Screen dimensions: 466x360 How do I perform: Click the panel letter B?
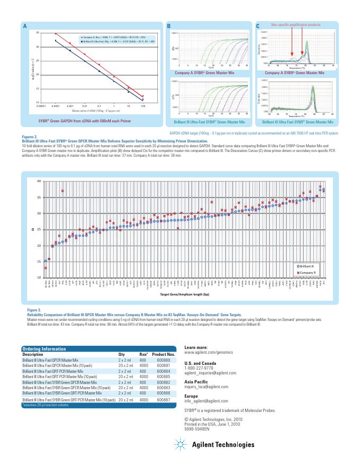click(169, 26)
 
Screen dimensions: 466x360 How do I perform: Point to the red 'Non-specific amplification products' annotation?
click(296, 25)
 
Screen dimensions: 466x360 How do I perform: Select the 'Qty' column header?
click(122, 354)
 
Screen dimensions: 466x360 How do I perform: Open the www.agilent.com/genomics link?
click(210, 352)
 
